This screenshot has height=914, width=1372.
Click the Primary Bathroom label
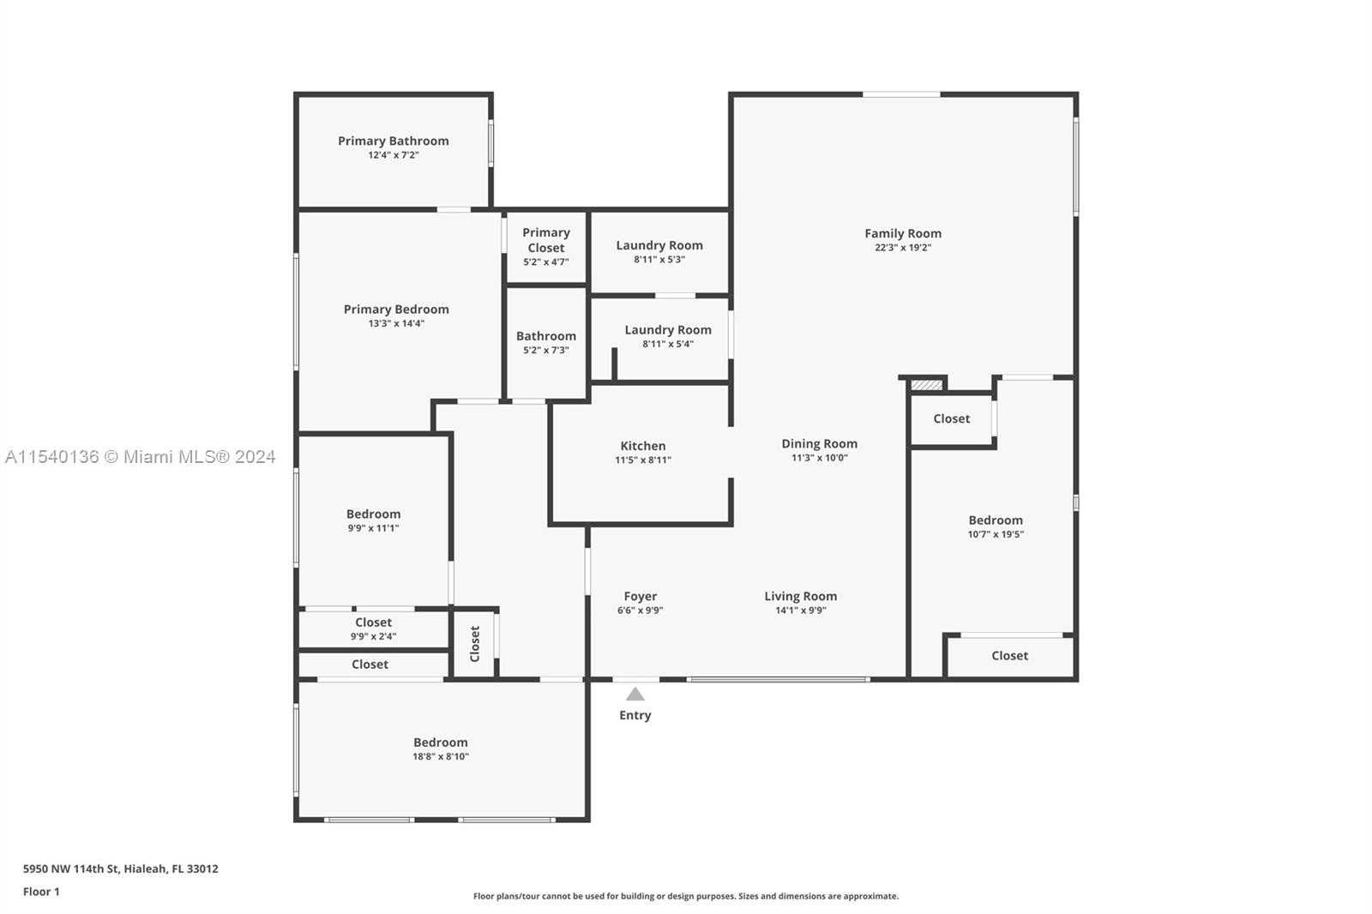pyautogui.click(x=394, y=141)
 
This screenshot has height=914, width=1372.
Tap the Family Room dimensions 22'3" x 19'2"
pyautogui.click(x=903, y=248)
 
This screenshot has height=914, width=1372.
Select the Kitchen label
pyautogui.click(x=642, y=446)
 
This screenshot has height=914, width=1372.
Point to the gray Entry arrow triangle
pyautogui.click(x=635, y=695)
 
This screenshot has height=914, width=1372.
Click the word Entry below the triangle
pyautogui.click(x=635, y=716)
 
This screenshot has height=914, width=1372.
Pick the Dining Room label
pyautogui.click(x=820, y=443)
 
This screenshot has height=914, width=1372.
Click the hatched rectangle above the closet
pyautogui.click(x=926, y=385)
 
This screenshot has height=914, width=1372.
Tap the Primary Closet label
pyautogui.click(x=545, y=240)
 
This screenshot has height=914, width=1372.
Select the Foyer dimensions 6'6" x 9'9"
pyautogui.click(x=640, y=610)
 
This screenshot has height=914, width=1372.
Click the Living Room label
pyautogui.click(x=801, y=596)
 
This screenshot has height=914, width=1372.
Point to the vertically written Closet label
pyautogui.click(x=475, y=644)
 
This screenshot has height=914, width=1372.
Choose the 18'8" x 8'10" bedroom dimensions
pyautogui.click(x=441, y=756)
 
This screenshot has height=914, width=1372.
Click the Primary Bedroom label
pyautogui.click(x=396, y=310)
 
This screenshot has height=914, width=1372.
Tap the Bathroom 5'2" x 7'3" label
pyautogui.click(x=545, y=342)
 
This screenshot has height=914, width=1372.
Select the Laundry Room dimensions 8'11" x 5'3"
pyautogui.click(x=659, y=260)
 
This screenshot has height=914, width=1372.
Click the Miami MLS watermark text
pyautogui.click(x=141, y=457)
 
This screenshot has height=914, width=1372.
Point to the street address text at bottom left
pyautogui.click(x=121, y=869)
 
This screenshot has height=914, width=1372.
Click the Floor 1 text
pyautogui.click(x=41, y=892)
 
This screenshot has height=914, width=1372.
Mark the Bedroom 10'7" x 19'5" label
pyautogui.click(x=996, y=526)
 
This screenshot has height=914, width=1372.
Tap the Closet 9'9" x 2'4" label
pyautogui.click(x=373, y=628)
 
